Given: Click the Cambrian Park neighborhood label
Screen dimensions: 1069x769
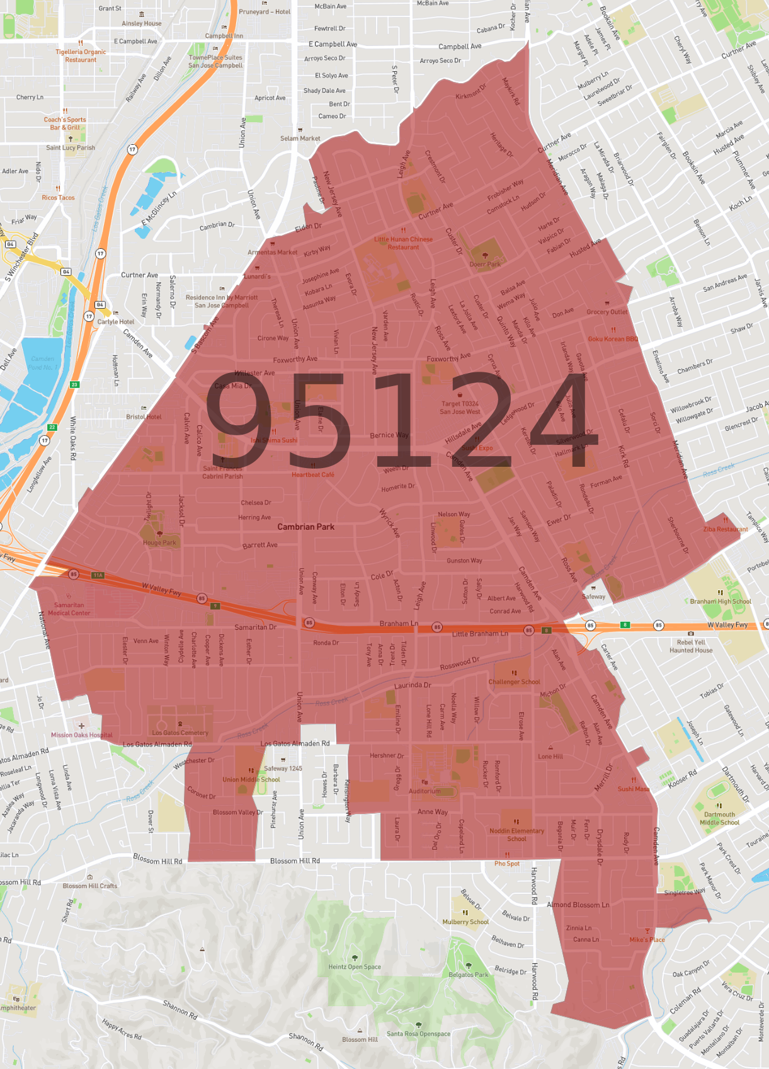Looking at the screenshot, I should (x=305, y=527).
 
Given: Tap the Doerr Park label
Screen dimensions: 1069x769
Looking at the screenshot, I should (x=485, y=264).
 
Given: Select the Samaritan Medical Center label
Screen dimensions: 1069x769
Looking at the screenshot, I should (x=69, y=609).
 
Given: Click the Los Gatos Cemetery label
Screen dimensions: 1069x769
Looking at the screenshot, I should (x=180, y=733).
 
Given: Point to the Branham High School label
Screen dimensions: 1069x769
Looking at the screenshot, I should (x=721, y=601).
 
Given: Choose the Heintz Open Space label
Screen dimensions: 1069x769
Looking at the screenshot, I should (x=355, y=966).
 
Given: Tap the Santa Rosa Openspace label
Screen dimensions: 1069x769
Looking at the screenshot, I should (x=418, y=1033).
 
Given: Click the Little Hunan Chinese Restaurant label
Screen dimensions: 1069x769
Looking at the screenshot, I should (x=403, y=243).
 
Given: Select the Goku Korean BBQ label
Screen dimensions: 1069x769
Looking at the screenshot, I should (x=613, y=339).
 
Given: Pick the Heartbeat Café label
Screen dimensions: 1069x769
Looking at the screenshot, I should (x=313, y=474).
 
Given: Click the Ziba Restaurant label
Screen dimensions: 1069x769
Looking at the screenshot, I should (x=726, y=529).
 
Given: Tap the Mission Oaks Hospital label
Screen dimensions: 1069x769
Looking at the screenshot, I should (x=82, y=735).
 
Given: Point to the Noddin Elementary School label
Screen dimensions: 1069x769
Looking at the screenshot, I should (x=516, y=835).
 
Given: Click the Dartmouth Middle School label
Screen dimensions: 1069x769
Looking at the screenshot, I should (x=719, y=818).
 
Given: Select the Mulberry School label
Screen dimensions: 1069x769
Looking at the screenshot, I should (x=465, y=922).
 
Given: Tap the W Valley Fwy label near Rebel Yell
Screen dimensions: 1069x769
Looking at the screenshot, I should (x=727, y=625).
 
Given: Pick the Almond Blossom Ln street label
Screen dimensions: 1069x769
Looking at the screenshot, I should (x=578, y=905).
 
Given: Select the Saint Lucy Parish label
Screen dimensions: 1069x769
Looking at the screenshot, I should (x=71, y=148).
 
